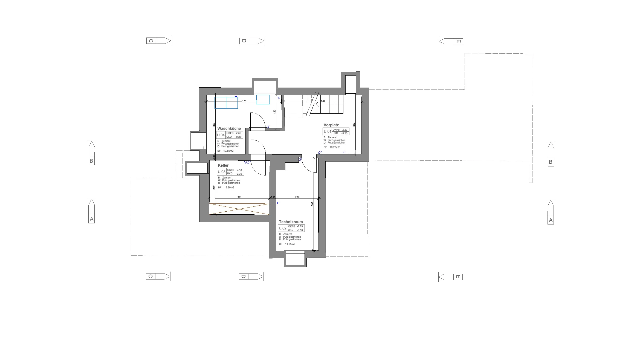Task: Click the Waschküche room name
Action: [x=229, y=128]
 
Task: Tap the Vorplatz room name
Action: [x=331, y=125]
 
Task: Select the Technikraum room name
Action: [x=291, y=222]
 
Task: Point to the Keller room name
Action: [x=223, y=165]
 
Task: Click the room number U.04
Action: [x=221, y=135]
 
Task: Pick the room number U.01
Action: [x=327, y=131]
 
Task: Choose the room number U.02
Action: [x=283, y=228]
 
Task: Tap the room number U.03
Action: [x=222, y=172]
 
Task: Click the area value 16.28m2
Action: [x=335, y=147]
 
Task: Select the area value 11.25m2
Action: [x=290, y=244]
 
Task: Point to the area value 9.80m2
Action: [x=230, y=188]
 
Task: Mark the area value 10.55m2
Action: [x=228, y=151]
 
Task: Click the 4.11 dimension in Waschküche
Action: [x=244, y=100]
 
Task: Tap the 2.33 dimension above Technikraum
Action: [x=297, y=197]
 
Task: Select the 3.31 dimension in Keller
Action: [x=239, y=197]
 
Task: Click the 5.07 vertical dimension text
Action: [x=312, y=204]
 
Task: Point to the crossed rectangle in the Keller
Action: [x=239, y=209]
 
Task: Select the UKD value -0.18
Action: [x=300, y=230]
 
